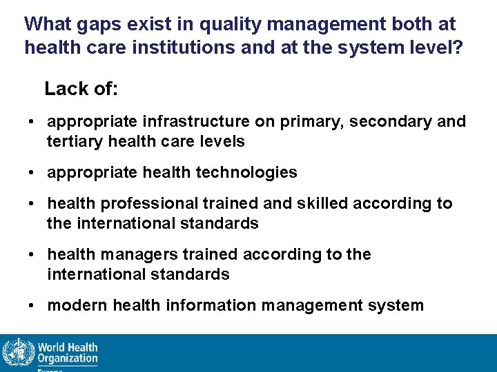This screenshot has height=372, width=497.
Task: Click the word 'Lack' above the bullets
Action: pyautogui.click(x=66, y=89)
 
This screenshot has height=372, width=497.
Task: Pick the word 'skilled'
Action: pyautogui.click(x=324, y=203)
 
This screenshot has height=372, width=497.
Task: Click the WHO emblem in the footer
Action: pyautogui.click(x=17, y=353)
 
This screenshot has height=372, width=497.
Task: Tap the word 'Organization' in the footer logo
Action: pyautogui.click(x=68, y=359)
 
